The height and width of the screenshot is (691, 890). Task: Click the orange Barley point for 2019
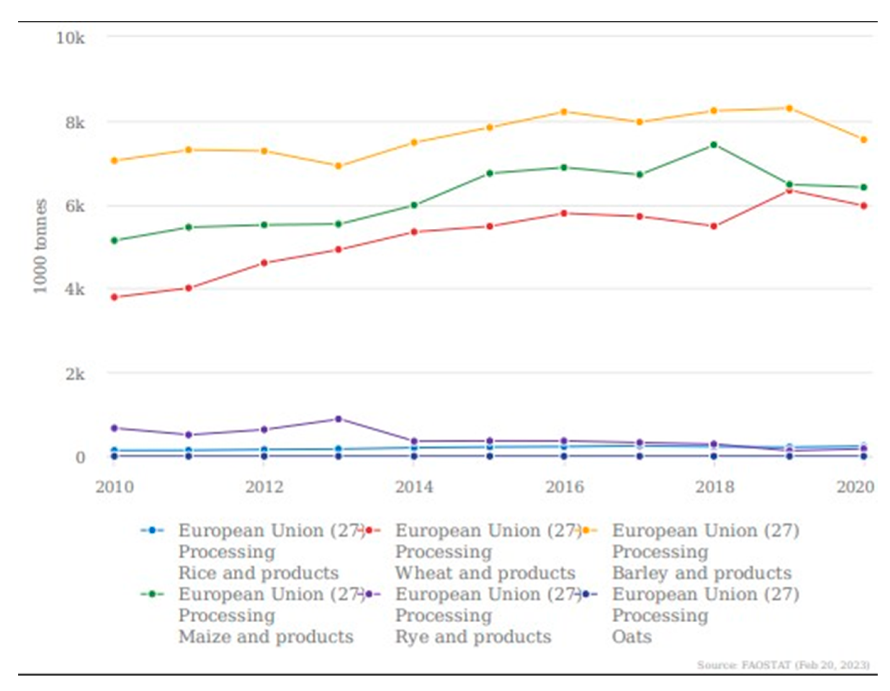[x=789, y=108]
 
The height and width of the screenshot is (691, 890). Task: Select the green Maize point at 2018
[x=714, y=145]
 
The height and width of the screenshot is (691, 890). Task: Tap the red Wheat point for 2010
[x=115, y=297]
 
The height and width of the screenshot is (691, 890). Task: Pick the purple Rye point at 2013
[x=338, y=419]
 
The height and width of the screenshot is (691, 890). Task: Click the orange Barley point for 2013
[x=338, y=166]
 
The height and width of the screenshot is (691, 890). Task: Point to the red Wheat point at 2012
[x=264, y=263]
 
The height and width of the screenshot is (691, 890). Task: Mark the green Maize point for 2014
[x=414, y=205]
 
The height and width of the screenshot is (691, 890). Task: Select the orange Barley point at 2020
[x=863, y=140]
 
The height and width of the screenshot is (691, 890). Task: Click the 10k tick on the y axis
[x=70, y=38]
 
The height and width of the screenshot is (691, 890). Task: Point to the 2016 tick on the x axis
[x=565, y=487]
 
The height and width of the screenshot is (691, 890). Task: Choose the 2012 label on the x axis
[x=264, y=487]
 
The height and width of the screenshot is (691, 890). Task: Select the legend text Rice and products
[x=258, y=573]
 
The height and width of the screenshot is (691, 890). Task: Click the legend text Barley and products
[x=701, y=573]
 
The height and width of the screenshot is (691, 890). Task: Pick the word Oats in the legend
[x=631, y=636]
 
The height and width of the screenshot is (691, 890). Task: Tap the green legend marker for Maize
[x=152, y=594]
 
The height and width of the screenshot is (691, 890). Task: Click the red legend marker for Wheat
[x=369, y=531]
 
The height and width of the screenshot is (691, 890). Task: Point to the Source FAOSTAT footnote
[x=783, y=665]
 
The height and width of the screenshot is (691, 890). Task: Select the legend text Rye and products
[x=473, y=636]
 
